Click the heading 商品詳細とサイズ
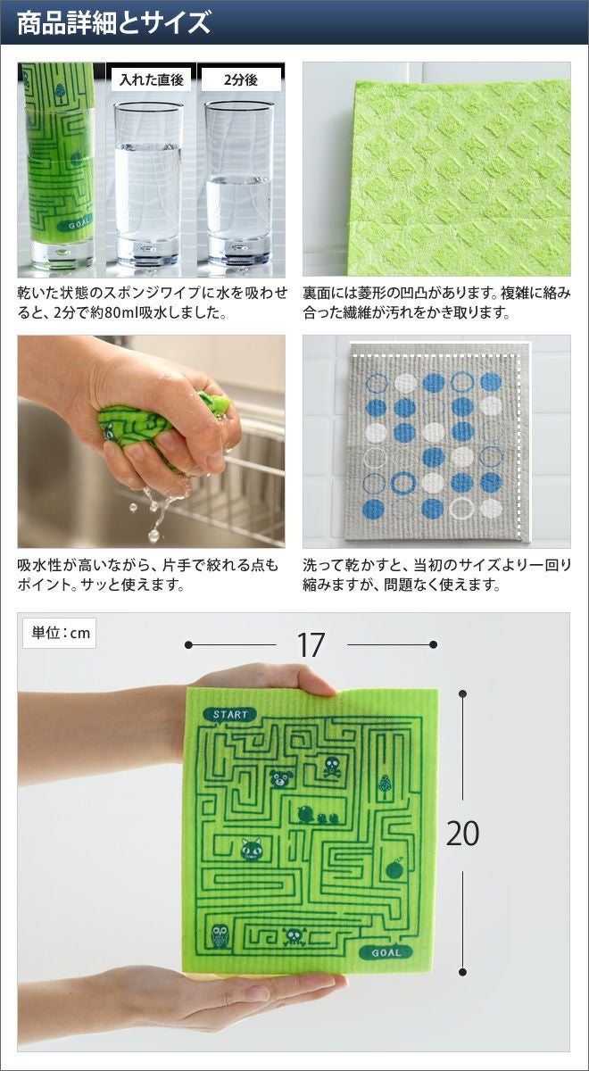[114, 22]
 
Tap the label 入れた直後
[151, 79]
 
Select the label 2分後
[241, 79]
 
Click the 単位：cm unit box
[60, 633]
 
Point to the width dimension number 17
[311, 645]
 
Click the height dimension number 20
[462, 834]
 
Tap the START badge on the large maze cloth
[230, 715]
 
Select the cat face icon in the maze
[252, 849]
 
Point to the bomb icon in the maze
[396, 868]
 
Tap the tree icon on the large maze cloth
[385, 785]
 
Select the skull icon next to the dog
[332, 767]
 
